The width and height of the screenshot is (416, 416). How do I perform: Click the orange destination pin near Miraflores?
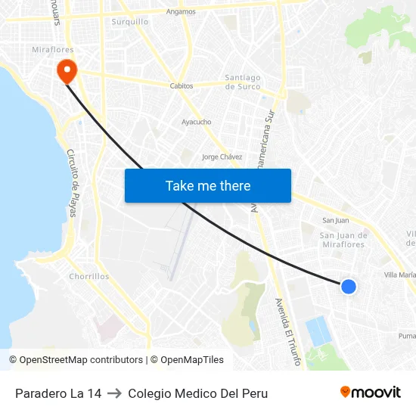tap(67, 70)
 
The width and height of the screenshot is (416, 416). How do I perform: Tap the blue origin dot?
tap(349, 286)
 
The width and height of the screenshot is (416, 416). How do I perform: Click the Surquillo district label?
tap(130, 22)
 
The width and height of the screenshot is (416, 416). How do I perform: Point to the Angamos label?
tap(182, 11)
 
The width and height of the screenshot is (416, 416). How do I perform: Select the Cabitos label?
tap(182, 86)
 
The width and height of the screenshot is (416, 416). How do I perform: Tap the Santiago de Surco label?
tap(243, 82)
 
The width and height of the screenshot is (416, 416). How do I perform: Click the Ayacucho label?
tap(197, 121)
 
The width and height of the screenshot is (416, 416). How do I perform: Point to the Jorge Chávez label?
tap(222, 157)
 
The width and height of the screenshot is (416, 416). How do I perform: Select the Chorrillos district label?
tap(89, 277)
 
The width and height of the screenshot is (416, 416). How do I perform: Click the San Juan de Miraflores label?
tap(343, 240)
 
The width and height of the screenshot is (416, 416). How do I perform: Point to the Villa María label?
tap(400, 275)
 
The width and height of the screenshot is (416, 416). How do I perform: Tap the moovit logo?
tap(371, 392)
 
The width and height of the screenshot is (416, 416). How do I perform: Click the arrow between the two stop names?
tap(114, 393)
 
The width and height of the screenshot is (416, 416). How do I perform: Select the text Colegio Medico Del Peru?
tap(197, 393)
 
